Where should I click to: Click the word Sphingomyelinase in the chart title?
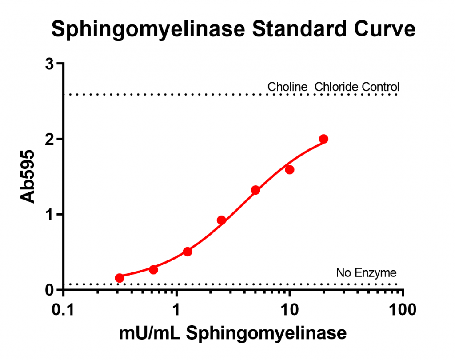(x=148, y=29)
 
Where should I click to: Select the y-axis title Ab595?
(x=28, y=177)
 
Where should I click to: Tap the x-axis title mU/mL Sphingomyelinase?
(x=233, y=333)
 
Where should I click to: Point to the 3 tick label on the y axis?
(x=50, y=64)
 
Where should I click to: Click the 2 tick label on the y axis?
(x=50, y=139)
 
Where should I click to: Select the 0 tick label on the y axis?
(x=50, y=290)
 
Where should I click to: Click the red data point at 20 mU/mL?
(x=323, y=139)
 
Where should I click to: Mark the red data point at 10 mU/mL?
(x=290, y=169)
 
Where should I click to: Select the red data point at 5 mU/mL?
(x=255, y=190)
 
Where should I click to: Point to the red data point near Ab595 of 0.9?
(x=222, y=220)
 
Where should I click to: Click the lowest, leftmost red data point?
(x=119, y=278)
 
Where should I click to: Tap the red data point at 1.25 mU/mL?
(x=188, y=252)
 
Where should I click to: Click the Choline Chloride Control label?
(x=333, y=87)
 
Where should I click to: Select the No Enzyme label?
(x=366, y=272)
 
